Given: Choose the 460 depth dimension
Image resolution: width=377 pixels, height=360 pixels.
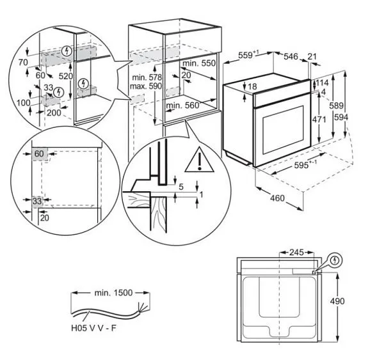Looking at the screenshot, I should tap(276, 198).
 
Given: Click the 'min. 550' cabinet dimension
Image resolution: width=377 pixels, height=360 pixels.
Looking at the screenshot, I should tap(198, 65).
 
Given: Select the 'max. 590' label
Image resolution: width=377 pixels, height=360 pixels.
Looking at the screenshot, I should tap(145, 86).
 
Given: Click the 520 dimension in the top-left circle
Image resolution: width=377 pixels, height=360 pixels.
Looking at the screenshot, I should tap(63, 75).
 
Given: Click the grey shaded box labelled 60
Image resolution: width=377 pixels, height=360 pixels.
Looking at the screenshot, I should tap(40, 153).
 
